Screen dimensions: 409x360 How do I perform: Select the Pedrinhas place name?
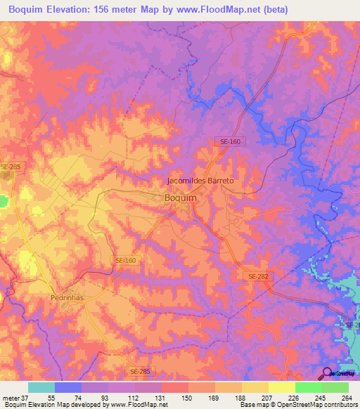click(x=68, y=298)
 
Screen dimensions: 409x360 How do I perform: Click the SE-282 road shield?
click(x=258, y=277)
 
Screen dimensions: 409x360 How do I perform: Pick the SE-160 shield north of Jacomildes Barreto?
click(x=229, y=142)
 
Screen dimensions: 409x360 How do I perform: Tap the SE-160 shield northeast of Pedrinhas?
click(x=126, y=260)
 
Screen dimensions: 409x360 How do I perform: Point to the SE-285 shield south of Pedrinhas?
click(x=140, y=370)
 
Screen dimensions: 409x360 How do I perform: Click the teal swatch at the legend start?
click(x=41, y=387)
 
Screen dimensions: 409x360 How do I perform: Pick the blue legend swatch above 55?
click(x=67, y=387)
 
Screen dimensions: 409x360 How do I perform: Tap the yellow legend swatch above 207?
click(x=255, y=387)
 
